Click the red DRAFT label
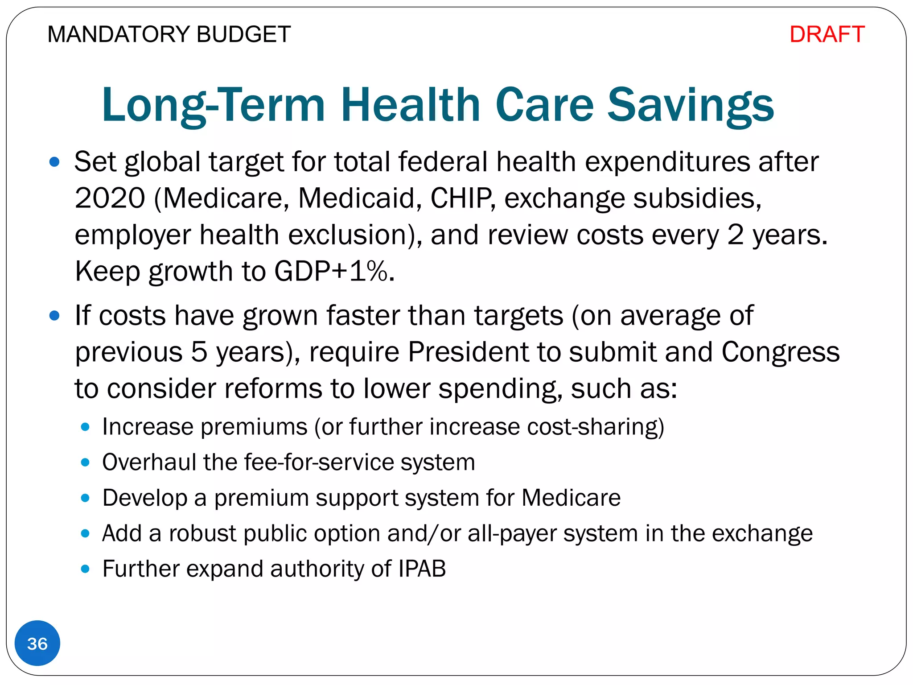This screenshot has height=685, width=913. coord(827,34)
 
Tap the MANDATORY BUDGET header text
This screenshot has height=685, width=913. coord(169,34)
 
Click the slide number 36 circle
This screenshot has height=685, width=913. coord(37,643)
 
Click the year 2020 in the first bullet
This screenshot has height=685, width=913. coord(110,198)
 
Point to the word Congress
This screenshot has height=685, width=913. coord(780,352)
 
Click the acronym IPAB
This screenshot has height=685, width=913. coord(422,569)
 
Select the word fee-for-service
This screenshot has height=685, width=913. coord(318,462)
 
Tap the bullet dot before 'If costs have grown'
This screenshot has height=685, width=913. coord(54,316)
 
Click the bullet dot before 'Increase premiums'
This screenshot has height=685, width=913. coord(85,427)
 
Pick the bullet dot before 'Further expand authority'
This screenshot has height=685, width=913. coord(85,569)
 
